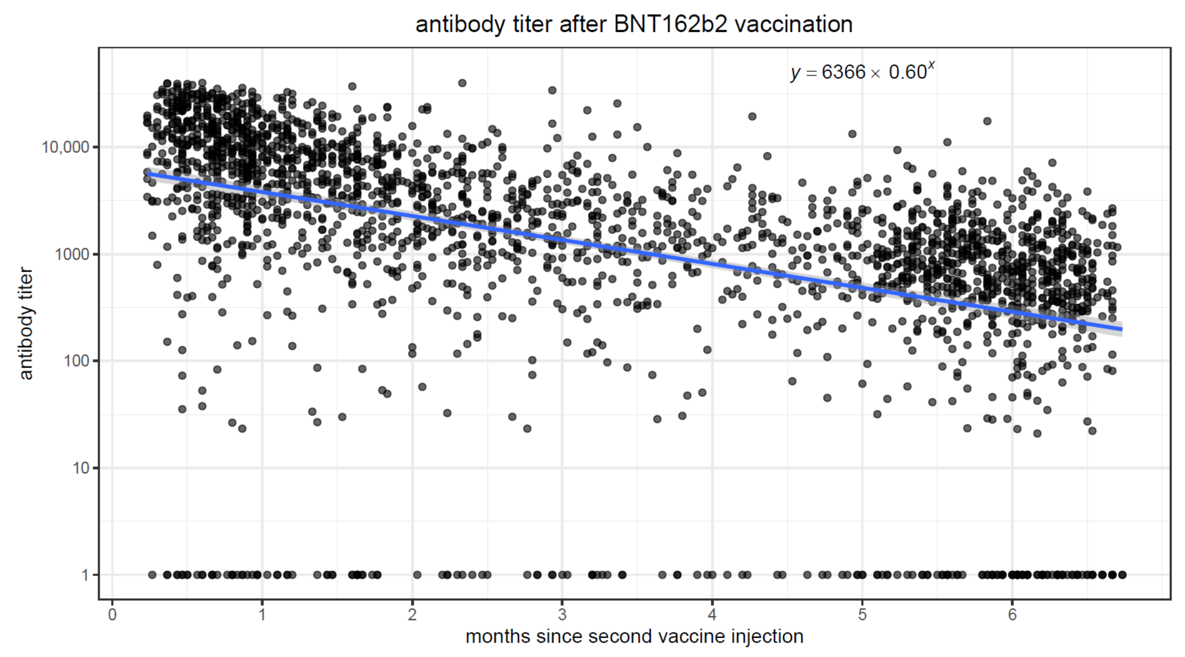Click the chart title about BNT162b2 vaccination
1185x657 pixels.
tap(634, 24)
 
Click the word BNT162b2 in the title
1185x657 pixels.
tap(671, 24)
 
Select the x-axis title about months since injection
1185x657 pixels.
tap(634, 636)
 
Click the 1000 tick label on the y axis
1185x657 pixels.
tap(71, 254)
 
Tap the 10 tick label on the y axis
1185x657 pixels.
tap(80, 468)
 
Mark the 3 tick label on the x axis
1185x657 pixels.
tap(562, 615)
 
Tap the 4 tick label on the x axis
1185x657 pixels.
tap(712, 615)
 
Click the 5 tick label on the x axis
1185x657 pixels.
tap(862, 615)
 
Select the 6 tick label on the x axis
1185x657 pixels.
tap(1012, 615)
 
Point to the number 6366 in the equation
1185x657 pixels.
tap(844, 73)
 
